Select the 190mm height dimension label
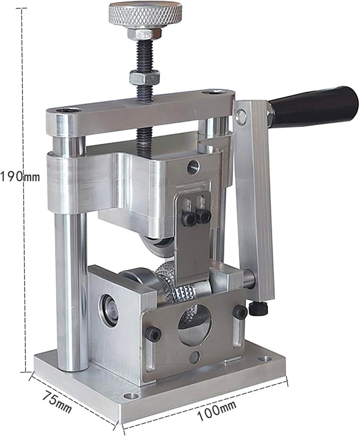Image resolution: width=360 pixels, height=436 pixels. [20, 177]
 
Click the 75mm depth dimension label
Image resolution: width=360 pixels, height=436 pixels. [57, 402]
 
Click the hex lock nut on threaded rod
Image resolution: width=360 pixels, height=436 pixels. [145, 78]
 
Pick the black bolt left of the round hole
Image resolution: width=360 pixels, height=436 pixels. [153, 334]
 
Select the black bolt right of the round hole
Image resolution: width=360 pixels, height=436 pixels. [240, 312]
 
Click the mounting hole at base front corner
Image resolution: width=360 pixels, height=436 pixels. [129, 396]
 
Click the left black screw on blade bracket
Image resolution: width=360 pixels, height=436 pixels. [188, 218]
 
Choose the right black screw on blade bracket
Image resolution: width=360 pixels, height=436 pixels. [203, 215]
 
